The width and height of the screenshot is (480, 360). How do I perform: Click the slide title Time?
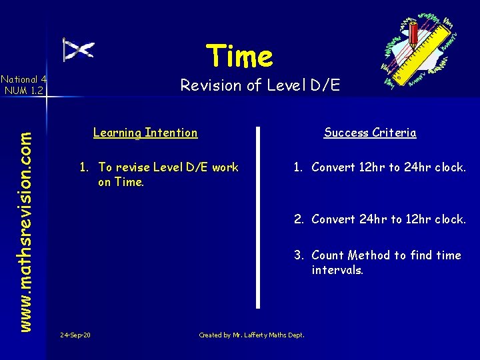(239, 56)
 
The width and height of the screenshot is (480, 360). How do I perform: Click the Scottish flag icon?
(78, 50)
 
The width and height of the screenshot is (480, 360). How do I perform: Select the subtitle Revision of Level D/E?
(260, 85)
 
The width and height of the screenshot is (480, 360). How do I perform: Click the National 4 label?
(23, 79)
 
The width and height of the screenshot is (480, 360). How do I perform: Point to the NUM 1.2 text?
(23, 90)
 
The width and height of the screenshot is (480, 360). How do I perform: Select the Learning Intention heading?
(145, 133)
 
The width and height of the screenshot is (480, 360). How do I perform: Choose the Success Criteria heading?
(370, 133)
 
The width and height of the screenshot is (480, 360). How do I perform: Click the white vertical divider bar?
(258, 217)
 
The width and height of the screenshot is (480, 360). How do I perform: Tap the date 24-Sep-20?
(75, 335)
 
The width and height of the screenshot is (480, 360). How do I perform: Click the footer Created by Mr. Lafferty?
(251, 335)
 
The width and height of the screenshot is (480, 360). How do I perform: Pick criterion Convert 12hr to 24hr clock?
(388, 167)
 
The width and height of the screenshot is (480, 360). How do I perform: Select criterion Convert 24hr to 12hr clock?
(388, 219)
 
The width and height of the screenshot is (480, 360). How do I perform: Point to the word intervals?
(337, 271)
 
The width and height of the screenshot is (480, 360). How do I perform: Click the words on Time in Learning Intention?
(121, 182)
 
